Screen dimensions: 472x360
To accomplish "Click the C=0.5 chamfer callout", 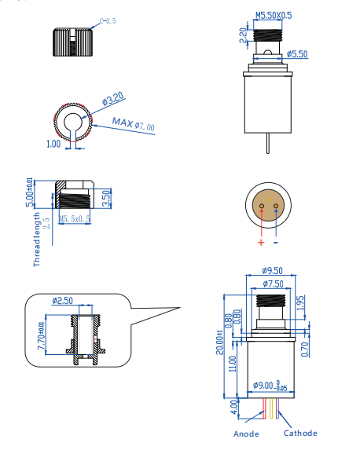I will (106, 20).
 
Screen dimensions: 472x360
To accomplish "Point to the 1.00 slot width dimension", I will (53, 144).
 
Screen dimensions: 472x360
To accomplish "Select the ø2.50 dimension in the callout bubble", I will (62, 301).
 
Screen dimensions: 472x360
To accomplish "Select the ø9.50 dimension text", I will (271, 270).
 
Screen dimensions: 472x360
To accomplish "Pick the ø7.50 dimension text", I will (273, 284).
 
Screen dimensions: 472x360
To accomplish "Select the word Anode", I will (246, 434).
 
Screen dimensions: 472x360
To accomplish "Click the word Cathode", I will (300, 433).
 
